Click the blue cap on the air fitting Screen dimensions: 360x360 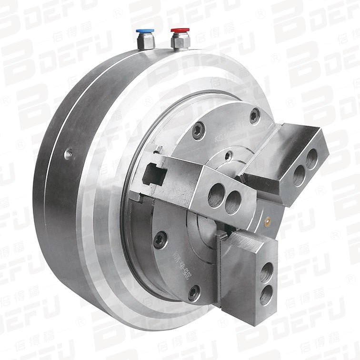pos(142,31)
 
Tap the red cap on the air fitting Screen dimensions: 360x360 pos(178,31)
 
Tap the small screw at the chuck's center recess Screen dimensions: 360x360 pos(229,154)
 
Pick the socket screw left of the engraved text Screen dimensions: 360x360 pos(162,236)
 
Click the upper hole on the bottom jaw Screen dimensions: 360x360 pos(267,273)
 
